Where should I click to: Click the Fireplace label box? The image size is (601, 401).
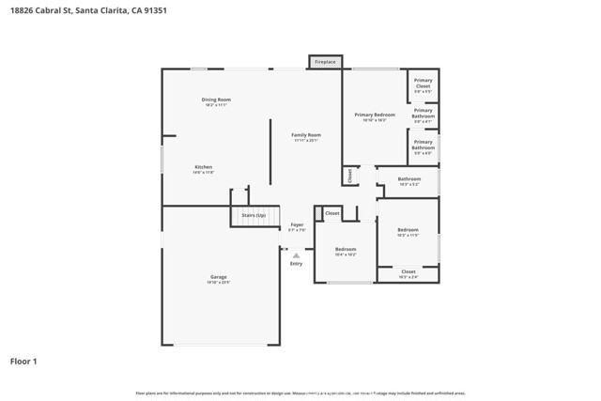click(x=325, y=62)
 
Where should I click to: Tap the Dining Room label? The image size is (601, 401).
click(x=216, y=100)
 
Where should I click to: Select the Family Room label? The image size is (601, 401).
click(x=306, y=135)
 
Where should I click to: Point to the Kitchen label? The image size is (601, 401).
click(x=203, y=167)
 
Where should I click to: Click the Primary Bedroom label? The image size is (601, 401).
click(x=375, y=115)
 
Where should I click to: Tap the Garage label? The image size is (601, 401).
click(x=218, y=276)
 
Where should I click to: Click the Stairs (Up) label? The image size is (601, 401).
click(x=254, y=215)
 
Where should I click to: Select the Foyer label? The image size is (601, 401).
click(x=297, y=224)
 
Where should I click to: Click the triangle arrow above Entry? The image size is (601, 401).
click(x=297, y=254)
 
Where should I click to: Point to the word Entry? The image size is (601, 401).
click(x=297, y=264)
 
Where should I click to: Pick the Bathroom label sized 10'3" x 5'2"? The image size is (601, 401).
click(x=408, y=178)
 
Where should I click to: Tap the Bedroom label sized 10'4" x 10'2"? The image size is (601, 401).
click(x=345, y=249)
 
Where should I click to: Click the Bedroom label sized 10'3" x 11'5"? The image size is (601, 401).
click(x=408, y=230)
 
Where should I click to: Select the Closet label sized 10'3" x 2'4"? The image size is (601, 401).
click(x=408, y=271)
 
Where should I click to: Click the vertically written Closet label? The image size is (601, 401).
click(x=350, y=175)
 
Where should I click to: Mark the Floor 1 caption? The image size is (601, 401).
click(x=24, y=361)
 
